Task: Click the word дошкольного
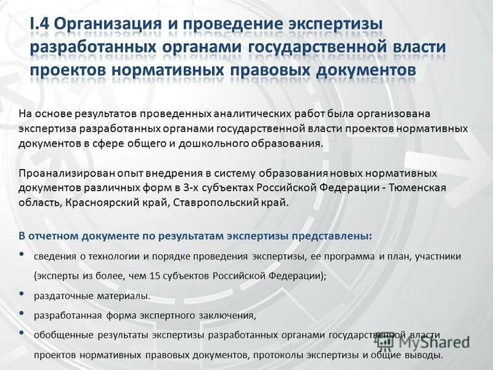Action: pos(212,144)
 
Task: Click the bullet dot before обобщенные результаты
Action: pos(22,334)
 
